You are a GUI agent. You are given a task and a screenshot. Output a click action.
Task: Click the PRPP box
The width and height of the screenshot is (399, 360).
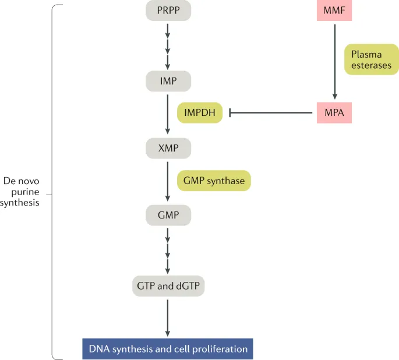[168, 11]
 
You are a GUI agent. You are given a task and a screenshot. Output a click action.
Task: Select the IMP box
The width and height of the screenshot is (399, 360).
[168, 81]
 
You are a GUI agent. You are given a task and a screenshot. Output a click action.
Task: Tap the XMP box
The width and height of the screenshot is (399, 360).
[168, 148]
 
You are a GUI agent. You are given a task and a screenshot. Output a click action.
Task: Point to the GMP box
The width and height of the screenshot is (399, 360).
[168, 216]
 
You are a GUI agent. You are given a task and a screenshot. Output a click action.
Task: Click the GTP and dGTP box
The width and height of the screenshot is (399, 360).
[168, 286]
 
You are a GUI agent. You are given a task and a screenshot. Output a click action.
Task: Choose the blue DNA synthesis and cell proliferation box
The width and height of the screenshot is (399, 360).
[168, 349]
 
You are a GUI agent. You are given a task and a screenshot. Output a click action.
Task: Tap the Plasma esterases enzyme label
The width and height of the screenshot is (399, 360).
[371, 59]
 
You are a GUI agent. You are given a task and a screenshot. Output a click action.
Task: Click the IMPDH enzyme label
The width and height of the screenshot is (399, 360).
[200, 112]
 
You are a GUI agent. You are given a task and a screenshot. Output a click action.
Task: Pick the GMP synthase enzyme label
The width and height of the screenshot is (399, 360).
[214, 181]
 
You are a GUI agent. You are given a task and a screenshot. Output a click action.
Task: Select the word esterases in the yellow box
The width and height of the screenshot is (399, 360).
[371, 65]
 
